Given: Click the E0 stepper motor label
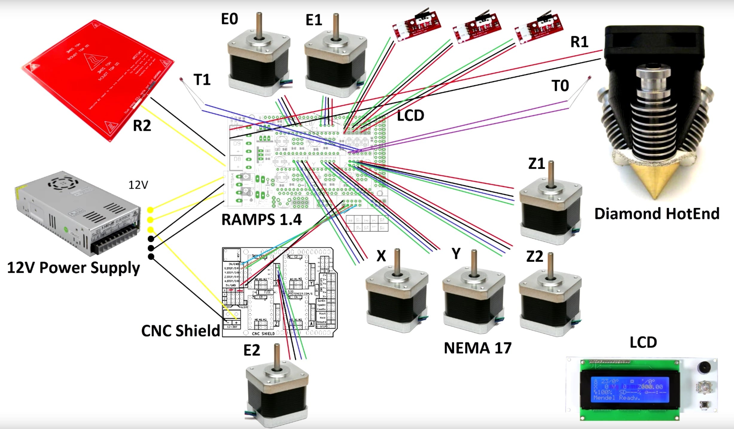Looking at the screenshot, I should [x=229, y=19].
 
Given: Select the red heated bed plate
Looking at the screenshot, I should [x=99, y=78].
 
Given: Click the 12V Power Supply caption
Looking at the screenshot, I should [x=73, y=267].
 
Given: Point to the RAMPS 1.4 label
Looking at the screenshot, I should [x=261, y=220].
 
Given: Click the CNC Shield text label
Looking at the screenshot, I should [x=180, y=331].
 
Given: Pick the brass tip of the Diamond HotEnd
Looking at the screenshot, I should [x=655, y=179].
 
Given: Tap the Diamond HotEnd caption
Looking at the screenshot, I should [x=657, y=214].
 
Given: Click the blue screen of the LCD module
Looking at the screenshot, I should [x=630, y=389].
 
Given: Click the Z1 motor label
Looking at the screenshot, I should [x=536, y=164].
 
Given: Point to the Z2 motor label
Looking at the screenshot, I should [x=534, y=257].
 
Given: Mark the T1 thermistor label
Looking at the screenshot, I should [x=202, y=80].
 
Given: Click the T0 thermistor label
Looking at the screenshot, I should [x=560, y=86].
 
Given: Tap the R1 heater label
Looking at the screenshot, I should [x=579, y=42].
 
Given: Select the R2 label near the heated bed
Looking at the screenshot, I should [x=142, y=126].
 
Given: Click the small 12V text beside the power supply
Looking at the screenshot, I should [x=138, y=185].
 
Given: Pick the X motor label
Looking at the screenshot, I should [x=381, y=256].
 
